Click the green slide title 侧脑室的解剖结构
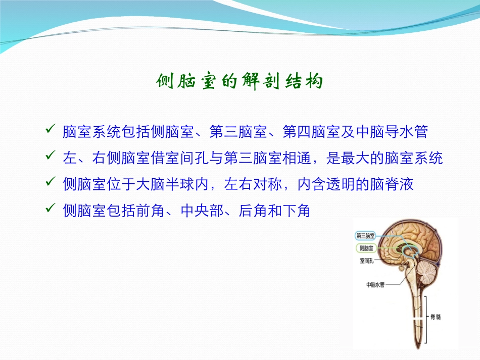[239, 81]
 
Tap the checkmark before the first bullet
[51, 129]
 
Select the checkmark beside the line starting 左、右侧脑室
[51, 155]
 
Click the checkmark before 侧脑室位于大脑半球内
[51, 181]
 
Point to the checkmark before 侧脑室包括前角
[51, 208]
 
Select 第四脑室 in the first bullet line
[311, 132]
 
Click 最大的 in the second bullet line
[362, 158]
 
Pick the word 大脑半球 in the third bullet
[165, 184]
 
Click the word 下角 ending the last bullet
[296, 211]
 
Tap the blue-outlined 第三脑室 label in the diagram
[365, 236]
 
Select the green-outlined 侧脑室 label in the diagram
[366, 248]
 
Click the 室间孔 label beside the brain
[366, 261]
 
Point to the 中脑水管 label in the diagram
[375, 285]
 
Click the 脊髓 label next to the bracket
[436, 317]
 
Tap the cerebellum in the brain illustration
[427, 272]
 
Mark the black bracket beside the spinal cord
[425, 320]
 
